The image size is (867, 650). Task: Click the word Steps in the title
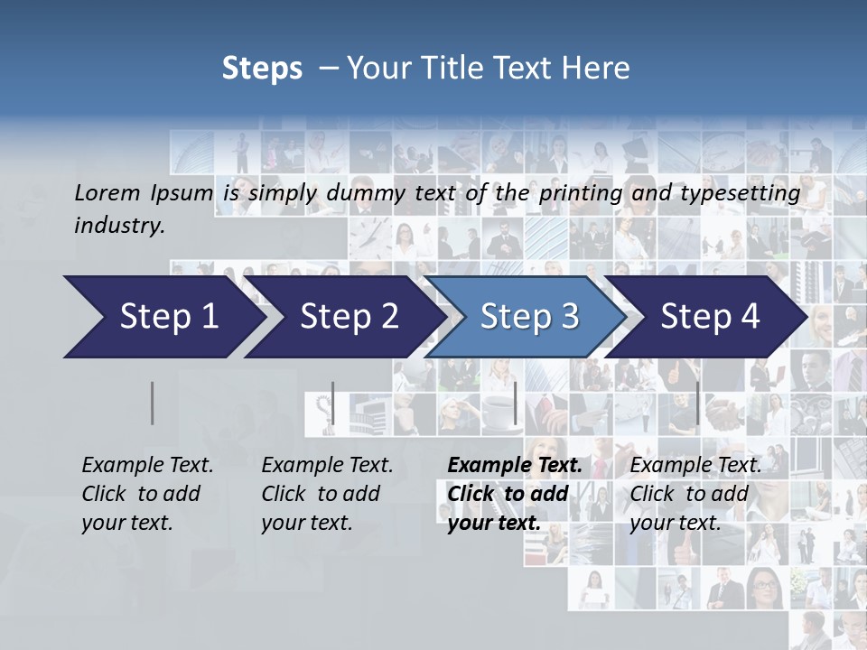tap(262, 69)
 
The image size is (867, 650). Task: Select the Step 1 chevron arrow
tap(163, 317)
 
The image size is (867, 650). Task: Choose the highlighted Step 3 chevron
tap(528, 317)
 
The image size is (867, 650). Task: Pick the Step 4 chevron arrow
tap(709, 317)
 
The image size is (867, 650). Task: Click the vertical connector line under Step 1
tap(152, 403)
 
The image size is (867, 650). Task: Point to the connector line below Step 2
tap(332, 403)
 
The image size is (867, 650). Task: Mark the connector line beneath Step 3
tap(515, 403)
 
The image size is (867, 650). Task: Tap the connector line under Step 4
tap(697, 403)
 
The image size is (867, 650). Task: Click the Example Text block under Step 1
tap(147, 494)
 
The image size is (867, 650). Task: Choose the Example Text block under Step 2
tap(327, 494)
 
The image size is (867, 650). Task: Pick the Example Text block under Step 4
tap(695, 494)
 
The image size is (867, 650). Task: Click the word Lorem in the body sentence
tap(107, 192)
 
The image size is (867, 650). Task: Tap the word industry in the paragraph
tap(118, 226)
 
